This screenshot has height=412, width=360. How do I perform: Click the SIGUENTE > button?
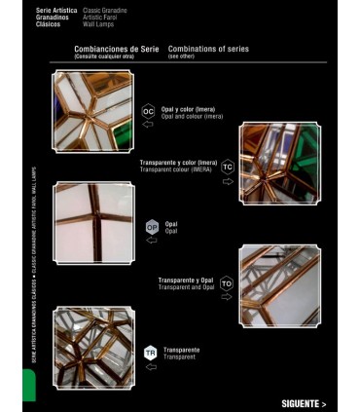point(303,402)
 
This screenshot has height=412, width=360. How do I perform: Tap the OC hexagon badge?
point(148,112)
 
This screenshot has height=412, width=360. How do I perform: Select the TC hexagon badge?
point(228,167)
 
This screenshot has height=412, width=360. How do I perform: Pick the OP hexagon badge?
point(152,227)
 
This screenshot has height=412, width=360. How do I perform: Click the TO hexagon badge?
point(227,283)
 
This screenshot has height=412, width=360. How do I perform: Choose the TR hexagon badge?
point(150,352)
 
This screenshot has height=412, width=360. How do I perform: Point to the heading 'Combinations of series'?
point(208,48)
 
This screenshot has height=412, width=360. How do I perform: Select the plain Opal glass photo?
point(94,223)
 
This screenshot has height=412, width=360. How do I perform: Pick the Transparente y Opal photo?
point(280,285)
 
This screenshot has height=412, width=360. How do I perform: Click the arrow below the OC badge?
point(148,127)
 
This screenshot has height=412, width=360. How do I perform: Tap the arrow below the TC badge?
point(228,181)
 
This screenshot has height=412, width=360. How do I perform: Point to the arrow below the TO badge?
point(228,298)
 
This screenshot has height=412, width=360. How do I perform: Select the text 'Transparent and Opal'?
point(184,287)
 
